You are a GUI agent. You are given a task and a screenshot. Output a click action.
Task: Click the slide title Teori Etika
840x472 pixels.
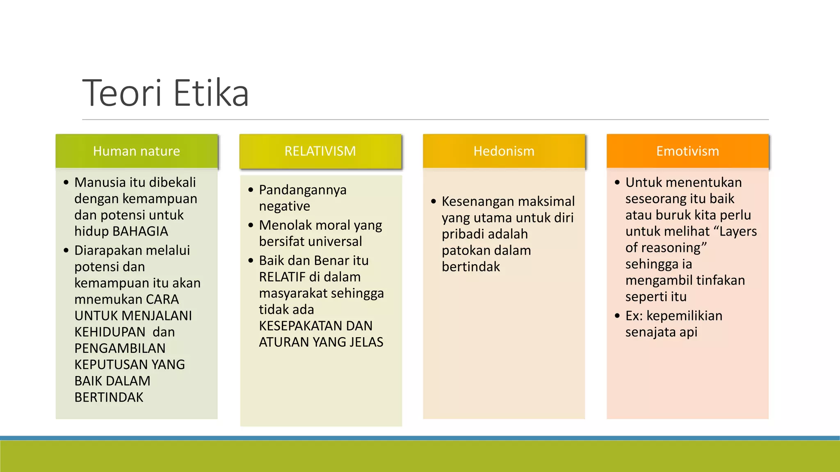[x=166, y=93]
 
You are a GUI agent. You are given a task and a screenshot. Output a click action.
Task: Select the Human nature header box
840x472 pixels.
[x=137, y=151]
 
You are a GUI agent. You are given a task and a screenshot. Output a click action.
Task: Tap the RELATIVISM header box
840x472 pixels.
[x=320, y=151]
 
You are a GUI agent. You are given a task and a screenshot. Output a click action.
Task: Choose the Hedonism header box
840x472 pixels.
[x=504, y=151]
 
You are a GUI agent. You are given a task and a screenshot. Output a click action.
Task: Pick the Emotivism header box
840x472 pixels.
[x=687, y=151]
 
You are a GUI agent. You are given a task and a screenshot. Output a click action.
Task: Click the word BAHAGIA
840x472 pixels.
[x=140, y=231]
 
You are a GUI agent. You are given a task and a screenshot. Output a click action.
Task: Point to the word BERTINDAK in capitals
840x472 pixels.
[x=109, y=397]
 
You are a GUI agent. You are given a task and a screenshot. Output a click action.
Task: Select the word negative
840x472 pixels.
[x=284, y=206]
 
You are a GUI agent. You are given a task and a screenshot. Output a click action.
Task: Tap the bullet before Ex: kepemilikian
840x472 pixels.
[x=617, y=316]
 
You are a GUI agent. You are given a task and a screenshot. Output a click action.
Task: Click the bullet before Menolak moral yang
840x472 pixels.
[x=251, y=225]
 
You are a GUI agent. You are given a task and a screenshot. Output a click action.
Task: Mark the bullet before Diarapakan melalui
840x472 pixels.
[x=66, y=250]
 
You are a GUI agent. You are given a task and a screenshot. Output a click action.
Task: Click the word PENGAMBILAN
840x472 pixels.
[x=120, y=348]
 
